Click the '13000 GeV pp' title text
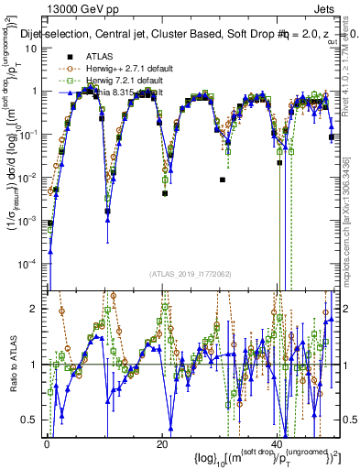click(x=83, y=9)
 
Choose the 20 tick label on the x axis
click(x=161, y=444)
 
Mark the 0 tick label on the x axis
click(x=47, y=444)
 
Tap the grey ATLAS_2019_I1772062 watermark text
click(x=192, y=274)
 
